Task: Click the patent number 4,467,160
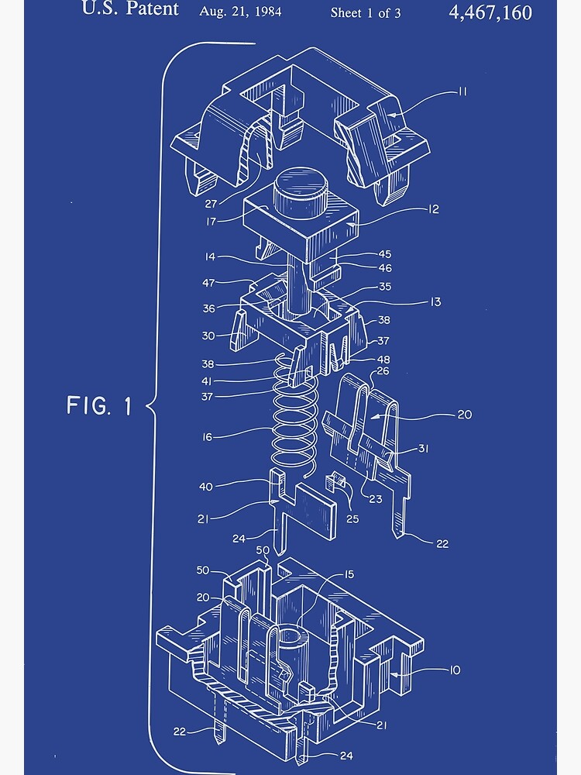(490, 12)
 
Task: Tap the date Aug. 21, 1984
(240, 12)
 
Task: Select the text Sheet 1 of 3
(366, 12)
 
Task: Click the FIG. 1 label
(98, 405)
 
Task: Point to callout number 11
(462, 91)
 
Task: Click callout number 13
(435, 301)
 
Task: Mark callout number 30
(208, 336)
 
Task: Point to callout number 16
(207, 438)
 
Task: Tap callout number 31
(424, 449)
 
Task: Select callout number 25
(352, 518)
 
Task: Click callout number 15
(349, 574)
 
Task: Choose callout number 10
(453, 670)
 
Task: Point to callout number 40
(206, 487)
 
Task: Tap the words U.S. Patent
(130, 10)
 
